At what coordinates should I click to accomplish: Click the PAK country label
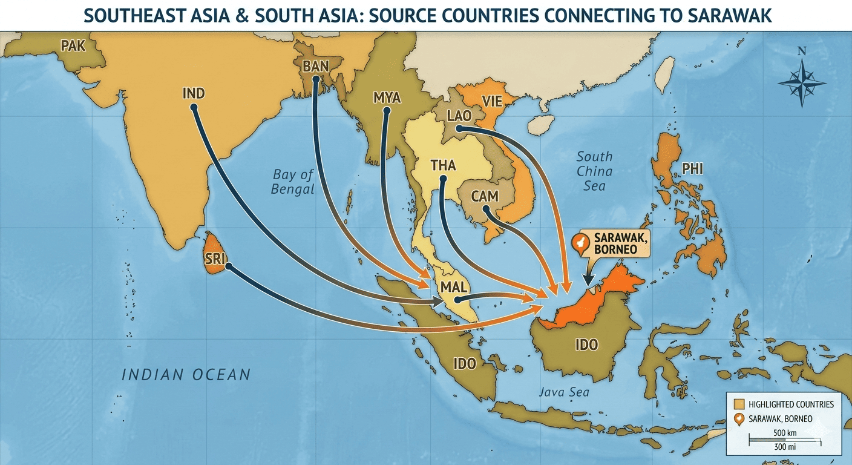(73, 45)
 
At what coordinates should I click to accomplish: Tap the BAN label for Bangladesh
(315, 67)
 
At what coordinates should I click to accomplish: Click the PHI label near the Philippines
(692, 169)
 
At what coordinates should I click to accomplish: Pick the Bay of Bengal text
(293, 182)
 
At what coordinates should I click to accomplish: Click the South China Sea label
(594, 171)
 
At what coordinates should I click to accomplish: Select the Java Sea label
(563, 392)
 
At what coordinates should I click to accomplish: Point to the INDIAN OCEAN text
(186, 375)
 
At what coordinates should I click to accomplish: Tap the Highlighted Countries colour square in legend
(738, 404)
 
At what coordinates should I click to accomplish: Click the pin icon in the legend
(738, 419)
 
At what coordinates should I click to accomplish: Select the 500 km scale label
(784, 434)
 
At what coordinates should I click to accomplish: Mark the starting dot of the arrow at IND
(194, 107)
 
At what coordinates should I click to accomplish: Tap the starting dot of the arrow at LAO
(459, 128)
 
